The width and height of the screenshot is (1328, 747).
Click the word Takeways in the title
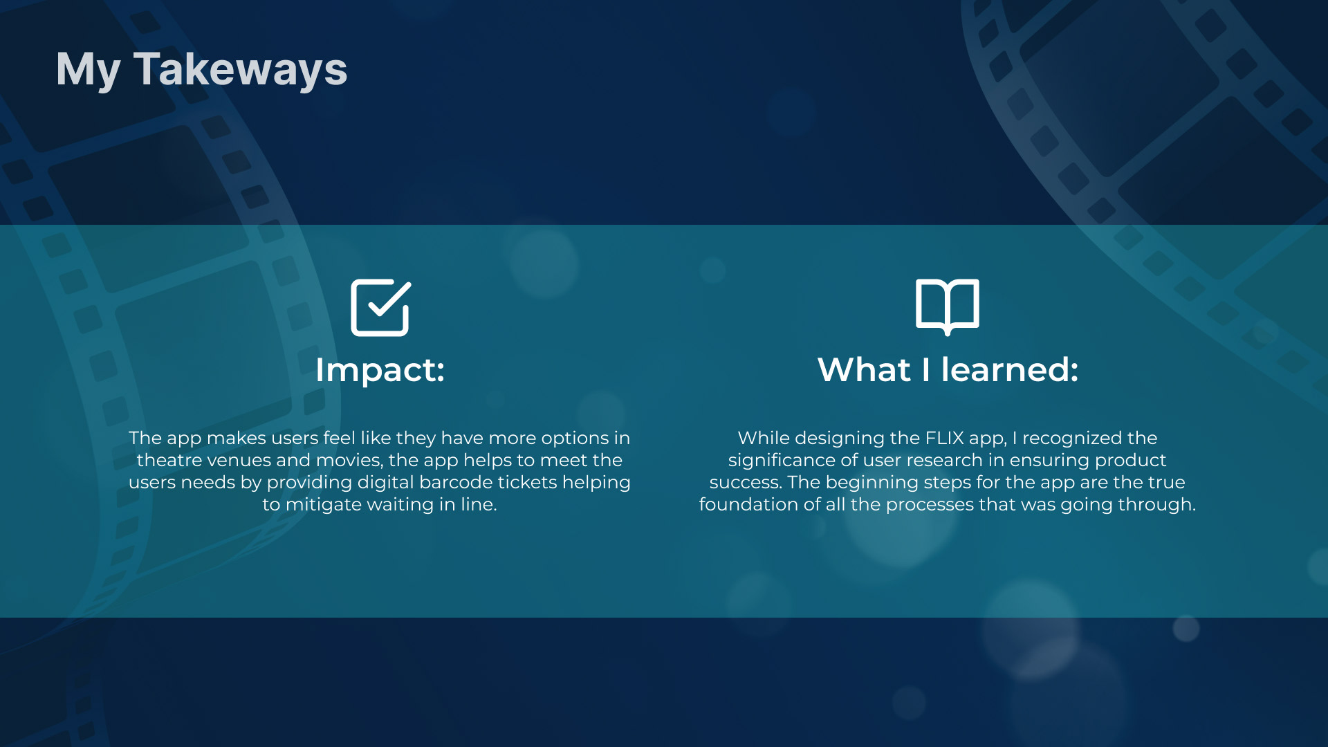[x=241, y=71]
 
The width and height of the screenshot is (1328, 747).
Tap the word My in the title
[x=88, y=71]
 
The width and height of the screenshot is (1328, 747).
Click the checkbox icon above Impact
[x=380, y=308]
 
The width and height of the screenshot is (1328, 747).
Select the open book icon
[x=948, y=307]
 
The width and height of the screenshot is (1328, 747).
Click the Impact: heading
[x=380, y=370]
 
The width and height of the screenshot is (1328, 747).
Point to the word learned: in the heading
[x=1010, y=369]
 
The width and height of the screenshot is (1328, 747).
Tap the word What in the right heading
[x=864, y=369]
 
